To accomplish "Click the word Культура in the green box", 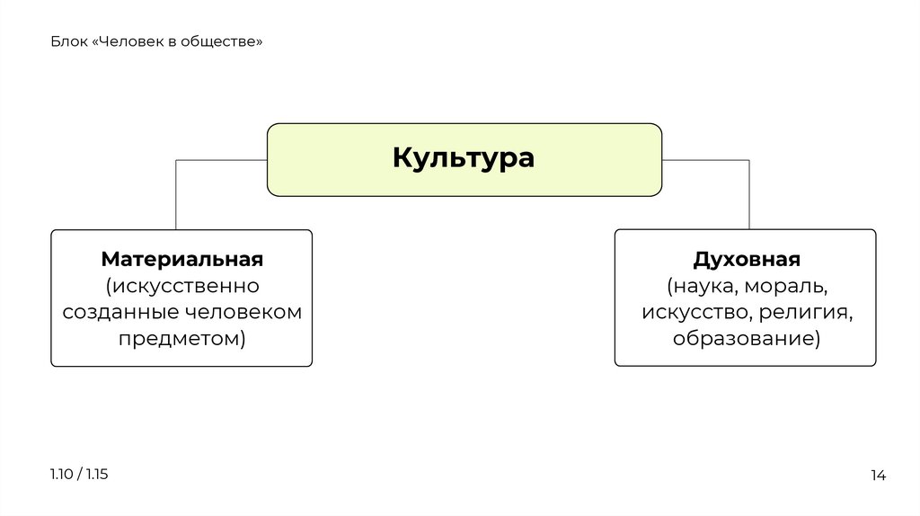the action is tap(464, 159).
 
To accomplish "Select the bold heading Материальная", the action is tap(181, 260).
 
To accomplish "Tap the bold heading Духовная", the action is tap(746, 260).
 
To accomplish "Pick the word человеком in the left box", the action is tap(244, 313).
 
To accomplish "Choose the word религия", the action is tap(804, 313).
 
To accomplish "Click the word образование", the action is tap(743, 339).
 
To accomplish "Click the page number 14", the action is tap(878, 476).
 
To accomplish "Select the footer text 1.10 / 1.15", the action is tap(79, 474).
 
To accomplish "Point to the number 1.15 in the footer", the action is tap(96, 474).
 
